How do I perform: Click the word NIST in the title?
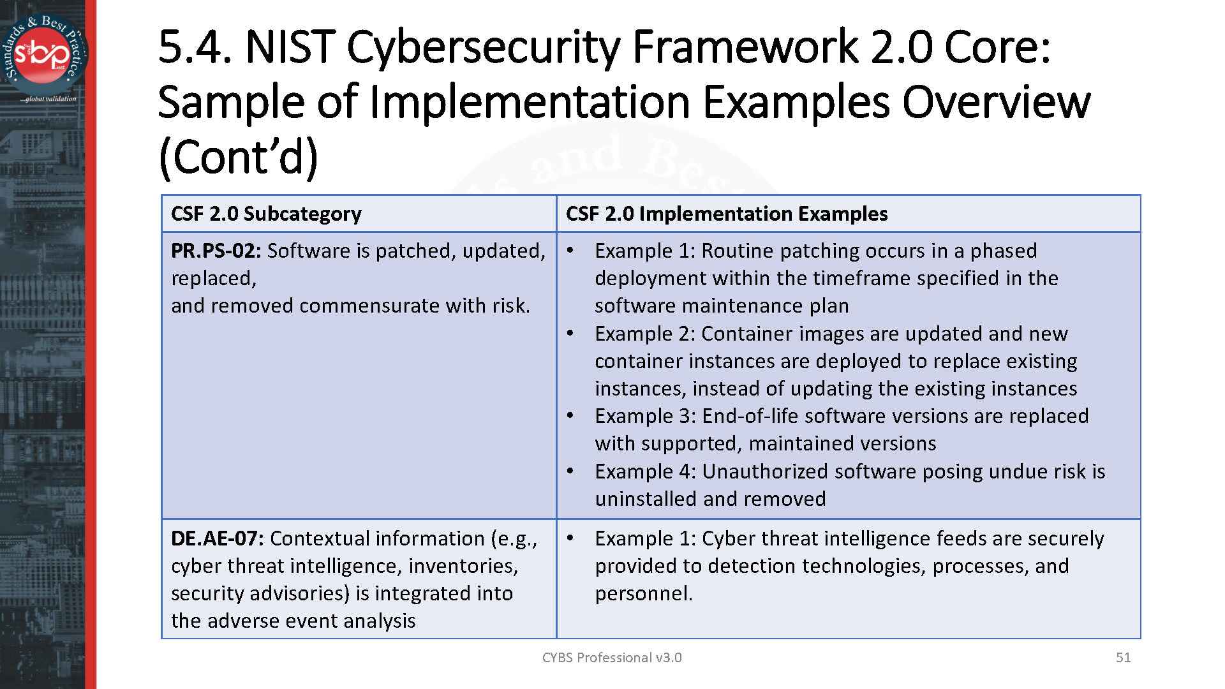(290, 48)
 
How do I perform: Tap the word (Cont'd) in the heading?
(237, 158)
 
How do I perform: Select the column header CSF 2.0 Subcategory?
(266, 214)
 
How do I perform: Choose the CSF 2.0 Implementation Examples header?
(726, 214)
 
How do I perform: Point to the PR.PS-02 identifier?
(216, 251)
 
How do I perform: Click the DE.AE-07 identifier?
(217, 538)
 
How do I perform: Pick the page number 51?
(1123, 657)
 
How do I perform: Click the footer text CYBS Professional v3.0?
(611, 657)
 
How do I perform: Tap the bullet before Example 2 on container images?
(572, 333)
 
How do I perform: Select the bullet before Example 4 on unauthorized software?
(572, 471)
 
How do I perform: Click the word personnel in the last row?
(643, 594)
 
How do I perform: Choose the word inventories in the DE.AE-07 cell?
(463, 566)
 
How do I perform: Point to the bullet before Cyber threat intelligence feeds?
(572, 538)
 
